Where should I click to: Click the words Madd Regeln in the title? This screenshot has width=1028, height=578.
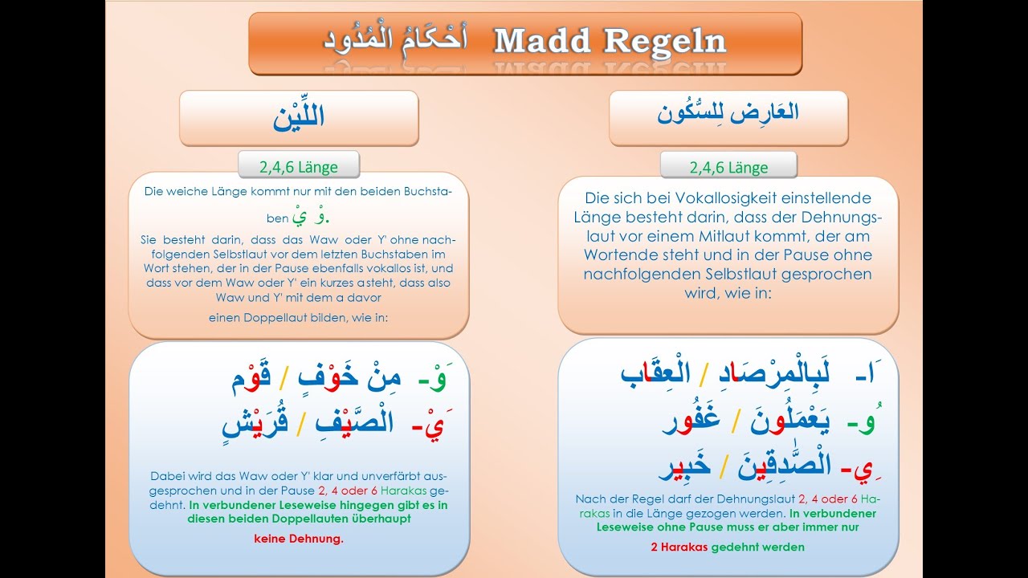click(610, 41)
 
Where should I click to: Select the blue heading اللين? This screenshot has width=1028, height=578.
click(298, 116)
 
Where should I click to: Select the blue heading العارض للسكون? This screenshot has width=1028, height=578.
click(728, 113)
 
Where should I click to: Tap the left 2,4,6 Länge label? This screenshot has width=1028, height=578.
click(298, 167)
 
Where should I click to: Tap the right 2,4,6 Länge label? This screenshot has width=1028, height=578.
click(728, 168)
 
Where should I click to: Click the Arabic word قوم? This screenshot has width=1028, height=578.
click(251, 377)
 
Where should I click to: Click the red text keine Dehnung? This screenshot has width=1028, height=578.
click(298, 538)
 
